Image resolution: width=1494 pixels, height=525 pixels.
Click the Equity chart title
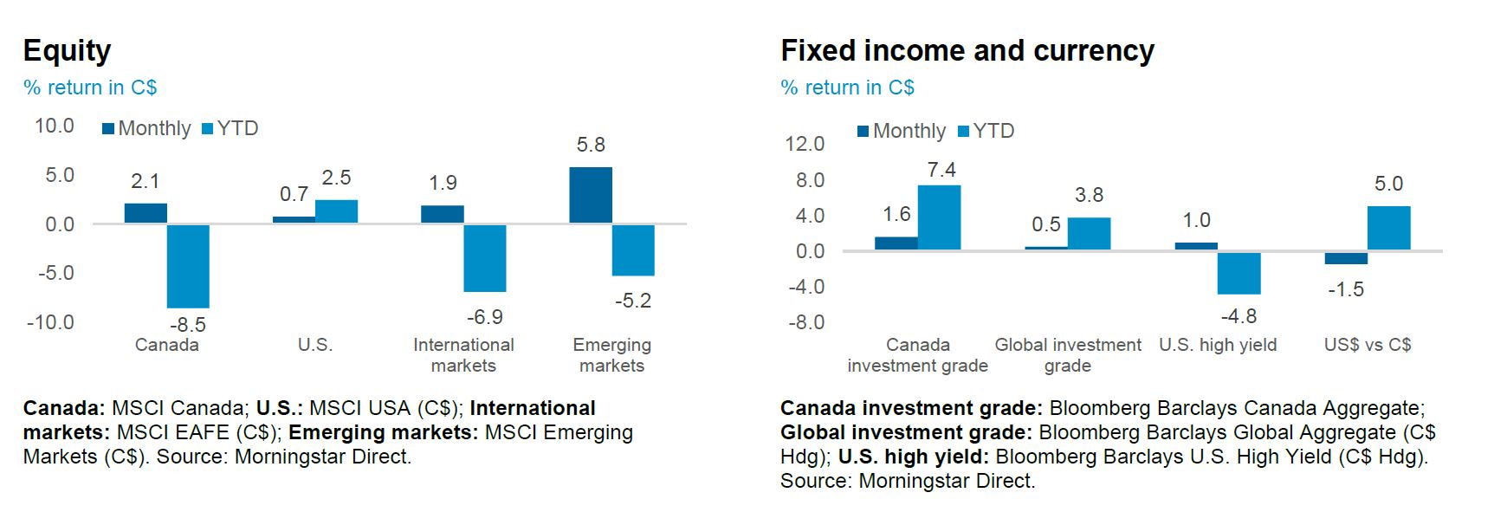click(x=67, y=51)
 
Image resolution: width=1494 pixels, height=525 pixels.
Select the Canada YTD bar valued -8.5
click(x=188, y=266)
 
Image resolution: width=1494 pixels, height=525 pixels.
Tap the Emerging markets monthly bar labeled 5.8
click(x=591, y=196)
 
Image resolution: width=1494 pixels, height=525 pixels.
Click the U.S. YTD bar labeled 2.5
click(x=336, y=211)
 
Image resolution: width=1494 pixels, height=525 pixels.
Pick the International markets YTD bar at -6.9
click(x=485, y=258)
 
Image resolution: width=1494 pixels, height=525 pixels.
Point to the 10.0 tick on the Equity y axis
click(x=54, y=126)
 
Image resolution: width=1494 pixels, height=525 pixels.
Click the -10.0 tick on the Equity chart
click(x=50, y=322)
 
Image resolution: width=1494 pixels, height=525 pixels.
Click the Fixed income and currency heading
click(x=967, y=51)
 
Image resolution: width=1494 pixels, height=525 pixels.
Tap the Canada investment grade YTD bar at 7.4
click(x=939, y=217)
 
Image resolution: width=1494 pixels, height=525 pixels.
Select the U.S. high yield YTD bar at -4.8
click(x=1239, y=273)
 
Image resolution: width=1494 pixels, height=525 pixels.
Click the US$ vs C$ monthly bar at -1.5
click(x=1346, y=258)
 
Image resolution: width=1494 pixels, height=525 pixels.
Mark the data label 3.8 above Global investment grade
click(x=1089, y=196)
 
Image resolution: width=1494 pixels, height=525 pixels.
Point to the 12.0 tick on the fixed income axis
click(x=804, y=144)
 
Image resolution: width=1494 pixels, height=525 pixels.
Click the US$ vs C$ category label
click(x=1367, y=345)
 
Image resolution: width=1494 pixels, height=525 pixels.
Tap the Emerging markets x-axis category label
click(x=611, y=355)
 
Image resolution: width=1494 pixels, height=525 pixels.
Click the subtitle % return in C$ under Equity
click(x=90, y=87)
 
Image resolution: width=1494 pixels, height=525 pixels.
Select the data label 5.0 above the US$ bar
click(x=1388, y=185)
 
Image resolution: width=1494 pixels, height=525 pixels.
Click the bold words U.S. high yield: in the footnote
click(x=913, y=457)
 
